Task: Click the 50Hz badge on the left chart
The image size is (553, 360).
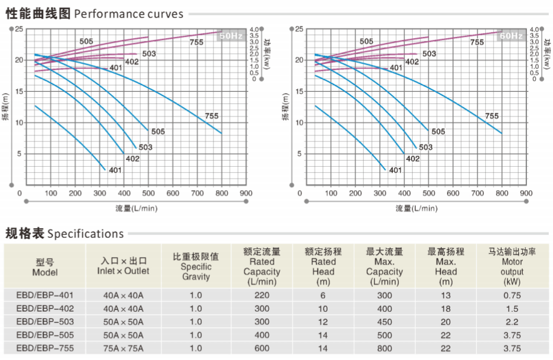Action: (231, 36)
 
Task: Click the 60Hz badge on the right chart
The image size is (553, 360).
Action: (511, 36)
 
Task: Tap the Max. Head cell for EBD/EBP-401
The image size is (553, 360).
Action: (446, 295)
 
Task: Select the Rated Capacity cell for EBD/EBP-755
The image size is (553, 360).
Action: (262, 348)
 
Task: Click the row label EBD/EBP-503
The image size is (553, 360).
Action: (45, 322)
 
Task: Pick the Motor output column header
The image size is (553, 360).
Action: (512, 266)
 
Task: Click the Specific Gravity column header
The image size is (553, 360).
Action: (196, 266)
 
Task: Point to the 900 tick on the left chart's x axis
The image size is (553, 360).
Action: (245, 194)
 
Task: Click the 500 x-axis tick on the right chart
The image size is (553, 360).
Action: (429, 194)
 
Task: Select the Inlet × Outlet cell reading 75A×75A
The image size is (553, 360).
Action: (123, 348)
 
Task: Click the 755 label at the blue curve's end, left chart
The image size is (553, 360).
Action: (212, 116)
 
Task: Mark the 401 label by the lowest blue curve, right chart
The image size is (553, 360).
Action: (395, 170)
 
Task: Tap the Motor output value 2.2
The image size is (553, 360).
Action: (511, 322)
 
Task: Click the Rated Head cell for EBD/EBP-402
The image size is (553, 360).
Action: (323, 309)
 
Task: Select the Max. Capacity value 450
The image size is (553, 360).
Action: (384, 322)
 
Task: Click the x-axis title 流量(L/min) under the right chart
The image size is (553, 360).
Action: (416, 209)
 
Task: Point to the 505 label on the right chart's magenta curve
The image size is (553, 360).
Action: (366, 41)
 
